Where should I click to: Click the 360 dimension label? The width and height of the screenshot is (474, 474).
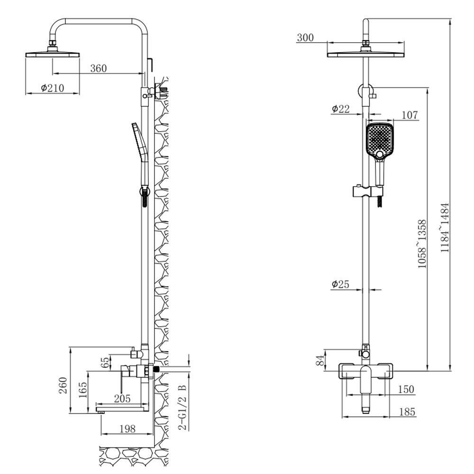(x=99, y=68)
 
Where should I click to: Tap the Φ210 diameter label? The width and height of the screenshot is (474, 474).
(x=53, y=88)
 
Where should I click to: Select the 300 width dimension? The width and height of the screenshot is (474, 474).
(x=305, y=38)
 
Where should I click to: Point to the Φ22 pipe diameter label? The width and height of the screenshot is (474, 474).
(x=340, y=109)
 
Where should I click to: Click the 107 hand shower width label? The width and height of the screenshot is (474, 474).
(x=410, y=115)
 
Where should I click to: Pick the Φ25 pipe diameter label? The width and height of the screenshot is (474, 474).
(x=340, y=284)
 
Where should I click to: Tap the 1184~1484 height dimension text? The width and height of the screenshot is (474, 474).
(x=445, y=228)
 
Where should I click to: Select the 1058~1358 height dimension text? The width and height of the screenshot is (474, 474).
(x=422, y=244)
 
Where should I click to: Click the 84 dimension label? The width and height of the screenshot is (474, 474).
(x=320, y=360)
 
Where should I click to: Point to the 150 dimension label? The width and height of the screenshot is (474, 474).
(x=406, y=389)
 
